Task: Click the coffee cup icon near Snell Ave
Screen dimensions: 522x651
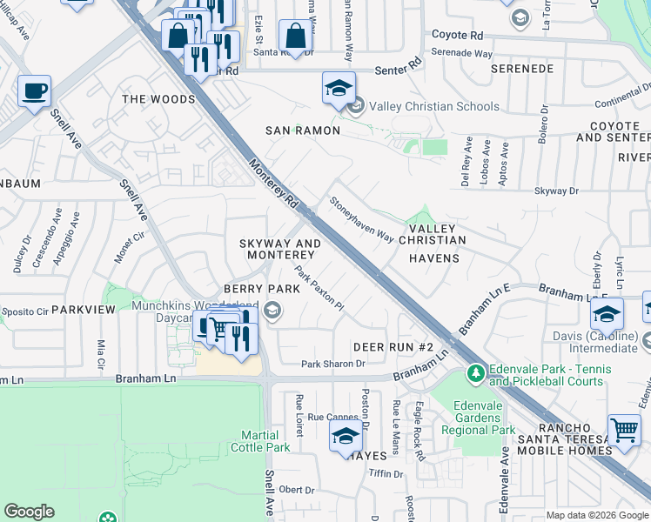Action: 34,91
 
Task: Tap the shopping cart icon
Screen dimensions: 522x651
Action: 623,430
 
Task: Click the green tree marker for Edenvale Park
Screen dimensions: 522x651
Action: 475,374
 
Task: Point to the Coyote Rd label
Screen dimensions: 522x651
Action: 458,36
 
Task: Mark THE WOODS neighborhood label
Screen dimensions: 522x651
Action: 158,99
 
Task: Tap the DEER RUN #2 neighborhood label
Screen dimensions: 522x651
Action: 393,347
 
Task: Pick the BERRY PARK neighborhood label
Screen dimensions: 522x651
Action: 255,288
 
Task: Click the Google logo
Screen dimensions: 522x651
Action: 29,512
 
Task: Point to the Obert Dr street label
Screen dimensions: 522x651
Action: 296,489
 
